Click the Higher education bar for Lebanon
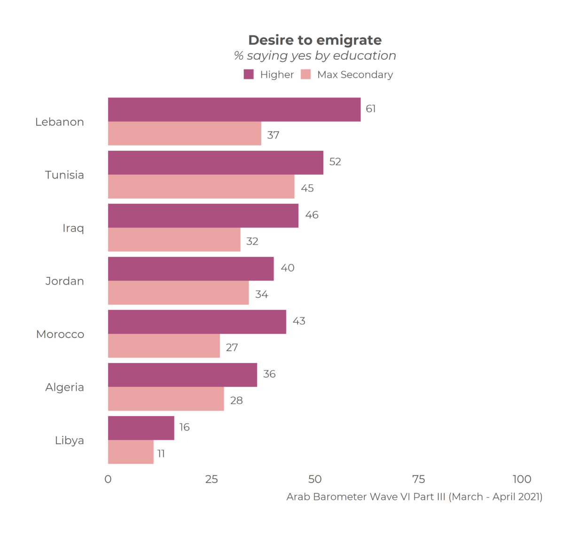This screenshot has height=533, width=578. pyautogui.click(x=234, y=109)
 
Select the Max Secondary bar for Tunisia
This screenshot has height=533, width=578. pyautogui.click(x=201, y=186)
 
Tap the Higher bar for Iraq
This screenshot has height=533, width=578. pyautogui.click(x=203, y=216)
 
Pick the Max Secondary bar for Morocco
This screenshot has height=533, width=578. pyautogui.click(x=164, y=346)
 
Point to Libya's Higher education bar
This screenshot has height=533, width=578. pyautogui.click(x=141, y=428)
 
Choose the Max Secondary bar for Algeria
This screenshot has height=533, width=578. pyautogui.click(x=166, y=399)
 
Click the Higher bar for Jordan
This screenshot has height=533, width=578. pyautogui.click(x=191, y=269)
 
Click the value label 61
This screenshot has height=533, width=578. pyautogui.click(x=371, y=109)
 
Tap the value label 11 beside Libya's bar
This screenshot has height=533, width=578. pyautogui.click(x=161, y=454)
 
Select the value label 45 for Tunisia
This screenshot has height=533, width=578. pyautogui.click(x=307, y=188)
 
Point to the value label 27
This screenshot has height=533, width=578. pyautogui.click(x=232, y=348)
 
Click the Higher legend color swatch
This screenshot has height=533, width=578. pyautogui.click(x=249, y=74)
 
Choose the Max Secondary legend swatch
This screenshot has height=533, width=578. pyautogui.click(x=306, y=74)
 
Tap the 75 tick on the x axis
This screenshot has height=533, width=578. pyautogui.click(x=418, y=479)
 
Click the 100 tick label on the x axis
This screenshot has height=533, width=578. pyautogui.click(x=522, y=479)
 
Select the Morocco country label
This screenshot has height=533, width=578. pyautogui.click(x=60, y=334)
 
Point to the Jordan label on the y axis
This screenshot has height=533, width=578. pyautogui.click(x=64, y=281)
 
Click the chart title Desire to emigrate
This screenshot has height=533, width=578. pyautogui.click(x=315, y=40)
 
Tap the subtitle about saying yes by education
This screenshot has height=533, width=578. pyautogui.click(x=315, y=56)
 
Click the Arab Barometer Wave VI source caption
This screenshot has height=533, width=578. pyautogui.click(x=414, y=497)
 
